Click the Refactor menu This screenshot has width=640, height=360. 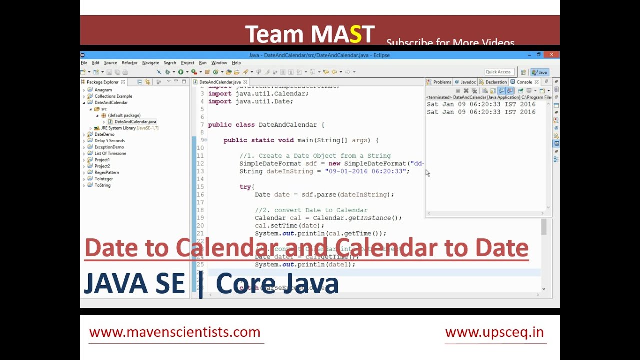[129, 63]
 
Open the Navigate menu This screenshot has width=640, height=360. [150, 63]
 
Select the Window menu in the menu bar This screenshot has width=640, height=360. [219, 63]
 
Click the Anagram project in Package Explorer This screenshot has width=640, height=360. [103, 90]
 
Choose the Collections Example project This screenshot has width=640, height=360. [113, 96]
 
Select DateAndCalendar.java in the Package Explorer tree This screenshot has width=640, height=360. [135, 122]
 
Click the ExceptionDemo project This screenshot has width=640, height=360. [109, 147]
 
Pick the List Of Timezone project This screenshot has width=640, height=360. [110, 153]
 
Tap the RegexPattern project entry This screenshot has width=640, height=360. [106, 172]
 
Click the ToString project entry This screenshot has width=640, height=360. [102, 185]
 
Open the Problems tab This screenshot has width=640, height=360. [442, 82]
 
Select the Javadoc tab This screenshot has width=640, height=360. [468, 82]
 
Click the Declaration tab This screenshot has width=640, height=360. [496, 82]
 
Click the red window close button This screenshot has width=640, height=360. [552, 55]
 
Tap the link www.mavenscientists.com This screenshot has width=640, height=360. [175, 332]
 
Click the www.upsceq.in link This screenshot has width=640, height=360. [494, 332]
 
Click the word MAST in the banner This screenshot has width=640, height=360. [342, 34]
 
